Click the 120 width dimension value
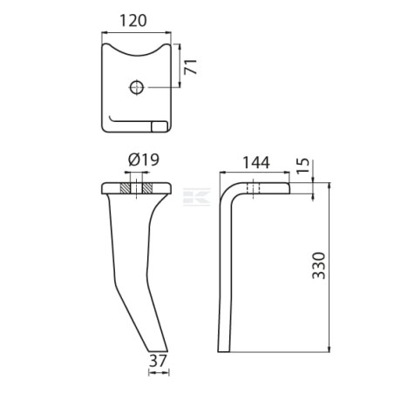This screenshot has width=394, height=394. coord(133,21)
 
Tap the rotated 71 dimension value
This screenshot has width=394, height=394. coord(191,67)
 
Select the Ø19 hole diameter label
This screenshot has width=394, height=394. coord(144,160)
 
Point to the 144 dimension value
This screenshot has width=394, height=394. coord(256,163)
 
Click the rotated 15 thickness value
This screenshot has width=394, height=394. coord(302,166)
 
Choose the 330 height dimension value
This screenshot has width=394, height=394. coord(318,266)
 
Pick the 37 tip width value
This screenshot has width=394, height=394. coord(158,361)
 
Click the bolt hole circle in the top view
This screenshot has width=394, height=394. coord(137,87)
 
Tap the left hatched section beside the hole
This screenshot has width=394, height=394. coord(125,188)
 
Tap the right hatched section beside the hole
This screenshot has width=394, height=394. coord(147,188)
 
